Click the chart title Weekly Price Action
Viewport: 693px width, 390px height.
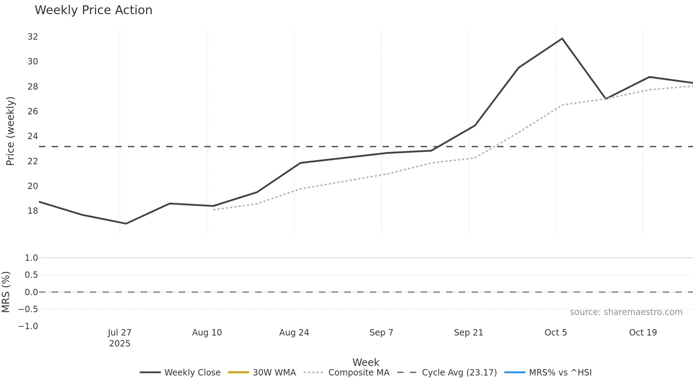coord(93,10)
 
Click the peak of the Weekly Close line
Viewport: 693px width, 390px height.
coord(562,39)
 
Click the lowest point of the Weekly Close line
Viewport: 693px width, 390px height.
coord(126,223)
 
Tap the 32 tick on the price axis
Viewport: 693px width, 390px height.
coord(33,37)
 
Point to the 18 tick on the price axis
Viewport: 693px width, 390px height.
coord(33,211)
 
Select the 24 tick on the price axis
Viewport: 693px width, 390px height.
coord(33,136)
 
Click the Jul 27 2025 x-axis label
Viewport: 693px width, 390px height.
coord(120,338)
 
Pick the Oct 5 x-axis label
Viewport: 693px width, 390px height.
coord(555,333)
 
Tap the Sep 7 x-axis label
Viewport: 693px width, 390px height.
coord(381,333)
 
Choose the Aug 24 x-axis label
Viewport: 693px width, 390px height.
coord(294,333)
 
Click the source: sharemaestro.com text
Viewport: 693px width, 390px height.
coord(626,312)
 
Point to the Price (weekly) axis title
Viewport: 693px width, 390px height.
coord(10,131)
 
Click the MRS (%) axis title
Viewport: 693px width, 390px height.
coord(6,292)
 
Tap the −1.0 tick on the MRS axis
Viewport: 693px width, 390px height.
coord(28,326)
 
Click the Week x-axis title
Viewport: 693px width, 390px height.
coord(366,362)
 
